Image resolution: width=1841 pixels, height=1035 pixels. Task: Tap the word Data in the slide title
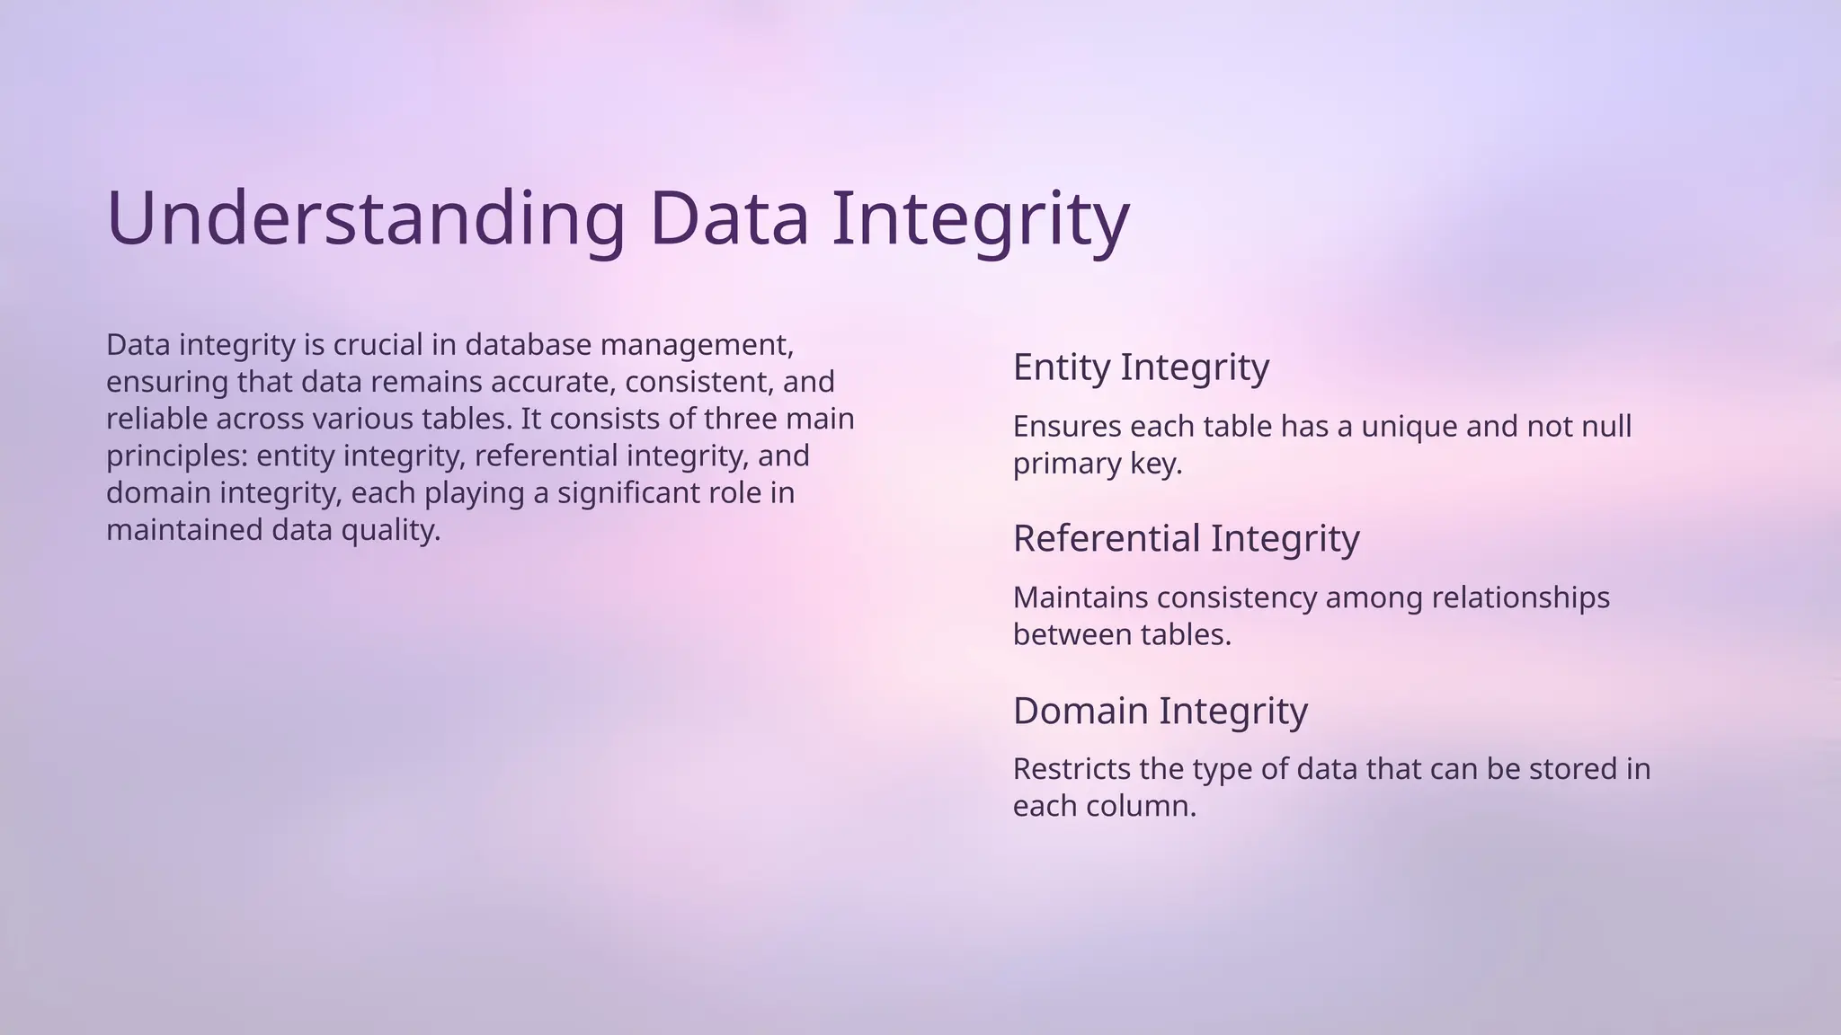tap(729, 218)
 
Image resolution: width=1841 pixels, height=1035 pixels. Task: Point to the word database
tap(529, 344)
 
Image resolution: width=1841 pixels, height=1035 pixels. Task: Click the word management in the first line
tap(696, 344)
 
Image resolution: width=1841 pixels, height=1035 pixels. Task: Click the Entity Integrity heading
tap(1141, 367)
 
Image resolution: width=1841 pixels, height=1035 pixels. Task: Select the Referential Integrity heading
tap(1186, 538)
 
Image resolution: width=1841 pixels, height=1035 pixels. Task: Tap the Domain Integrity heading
tap(1160, 711)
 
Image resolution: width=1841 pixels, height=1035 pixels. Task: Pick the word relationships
tap(1525, 597)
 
